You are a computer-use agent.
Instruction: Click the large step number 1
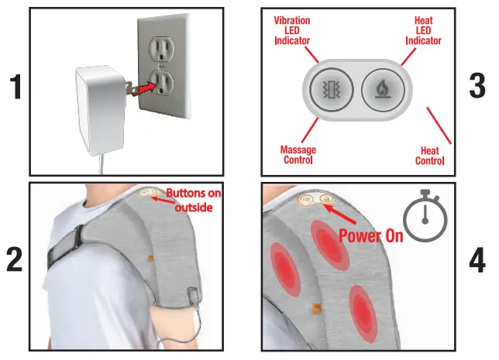pyautogui.click(x=15, y=87)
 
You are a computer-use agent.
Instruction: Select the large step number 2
pyautogui.click(x=15, y=259)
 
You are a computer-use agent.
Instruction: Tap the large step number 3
pyautogui.click(x=477, y=85)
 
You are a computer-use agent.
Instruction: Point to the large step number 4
pyautogui.click(x=477, y=260)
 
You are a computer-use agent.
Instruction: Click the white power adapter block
pyautogui.click(x=100, y=109)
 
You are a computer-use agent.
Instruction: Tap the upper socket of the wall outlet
pyautogui.click(x=162, y=48)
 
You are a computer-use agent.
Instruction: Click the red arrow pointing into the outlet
pyautogui.click(x=143, y=89)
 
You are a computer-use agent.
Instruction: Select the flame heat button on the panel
pyautogui.click(x=383, y=89)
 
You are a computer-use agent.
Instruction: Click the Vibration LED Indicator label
pyautogui.click(x=292, y=30)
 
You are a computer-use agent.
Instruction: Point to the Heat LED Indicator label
pyautogui.click(x=423, y=30)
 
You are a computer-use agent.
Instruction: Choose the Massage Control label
pyautogui.click(x=298, y=155)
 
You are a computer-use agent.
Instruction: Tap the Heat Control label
pyautogui.click(x=429, y=156)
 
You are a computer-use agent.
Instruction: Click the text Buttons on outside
pyautogui.click(x=194, y=200)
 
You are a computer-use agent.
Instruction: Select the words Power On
pyautogui.click(x=370, y=235)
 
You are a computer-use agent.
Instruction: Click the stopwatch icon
pyautogui.click(x=425, y=215)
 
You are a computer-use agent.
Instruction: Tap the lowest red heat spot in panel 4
pyautogui.click(x=363, y=314)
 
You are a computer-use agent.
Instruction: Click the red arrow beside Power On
pyautogui.click(x=339, y=214)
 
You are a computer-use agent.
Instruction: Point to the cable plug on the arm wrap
pyautogui.click(x=193, y=296)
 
